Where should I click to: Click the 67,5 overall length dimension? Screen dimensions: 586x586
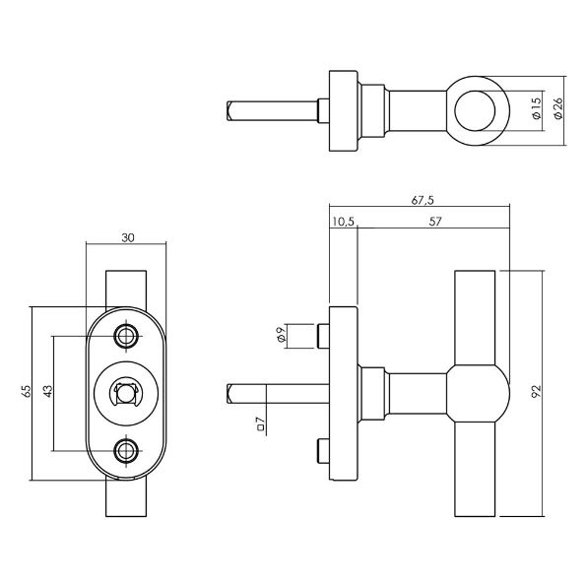click(423, 200)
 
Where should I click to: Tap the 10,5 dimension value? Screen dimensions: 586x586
click(343, 222)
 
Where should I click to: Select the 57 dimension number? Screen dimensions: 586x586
click(435, 222)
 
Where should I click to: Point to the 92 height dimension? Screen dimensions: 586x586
click(536, 391)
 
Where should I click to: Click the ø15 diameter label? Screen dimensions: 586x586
click(537, 108)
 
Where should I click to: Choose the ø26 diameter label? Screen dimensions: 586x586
click(557, 108)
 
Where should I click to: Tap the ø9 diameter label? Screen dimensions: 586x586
click(282, 334)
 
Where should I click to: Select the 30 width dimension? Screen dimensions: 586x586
click(128, 238)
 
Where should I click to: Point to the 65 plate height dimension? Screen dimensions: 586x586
click(26, 391)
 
